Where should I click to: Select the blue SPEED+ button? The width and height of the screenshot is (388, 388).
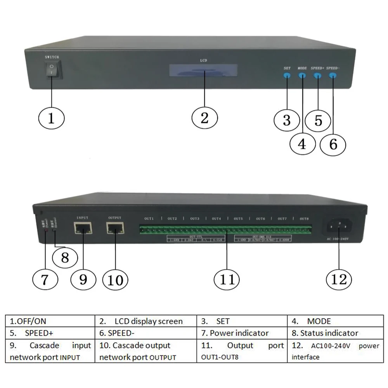pos(317,75)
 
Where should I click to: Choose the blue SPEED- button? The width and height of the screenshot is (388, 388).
pos(333,75)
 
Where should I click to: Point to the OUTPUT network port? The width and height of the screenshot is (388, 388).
pos(115,228)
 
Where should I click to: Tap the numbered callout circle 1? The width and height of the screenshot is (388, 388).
pos(51,118)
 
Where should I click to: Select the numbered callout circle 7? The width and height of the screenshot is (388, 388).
pos(45,279)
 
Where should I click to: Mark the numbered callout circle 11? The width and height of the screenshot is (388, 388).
pos(227,279)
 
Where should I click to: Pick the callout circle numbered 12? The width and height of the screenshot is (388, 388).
pos(339,279)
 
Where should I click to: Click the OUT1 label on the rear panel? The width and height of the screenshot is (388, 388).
pos(149,219)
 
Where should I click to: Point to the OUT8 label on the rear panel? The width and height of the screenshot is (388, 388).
pos(304,219)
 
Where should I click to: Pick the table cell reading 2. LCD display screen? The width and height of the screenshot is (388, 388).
pos(146,321)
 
